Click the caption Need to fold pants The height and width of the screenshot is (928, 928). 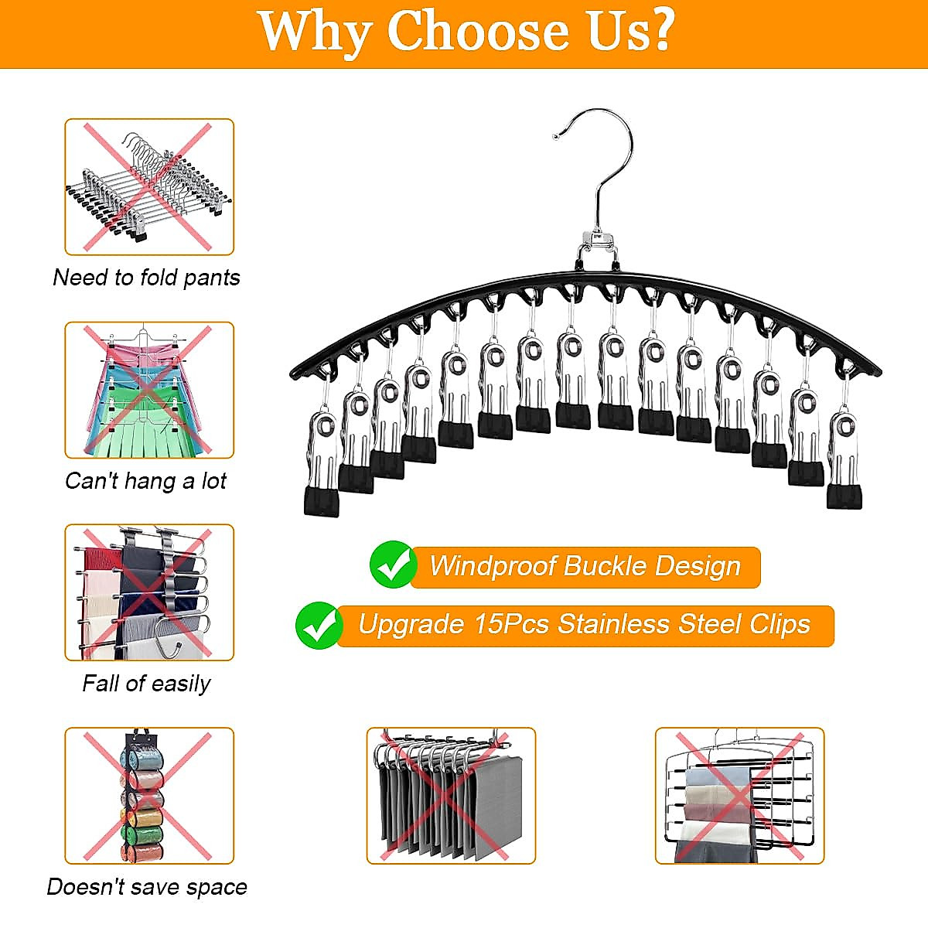[146, 278]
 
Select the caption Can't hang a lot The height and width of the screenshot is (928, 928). [145, 481]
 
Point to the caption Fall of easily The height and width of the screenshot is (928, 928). [146, 684]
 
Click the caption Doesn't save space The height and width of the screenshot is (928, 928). [147, 886]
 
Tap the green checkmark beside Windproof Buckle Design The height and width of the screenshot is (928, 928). [394, 565]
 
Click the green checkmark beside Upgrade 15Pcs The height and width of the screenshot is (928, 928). [319, 625]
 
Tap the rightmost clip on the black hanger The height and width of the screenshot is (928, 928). [843, 460]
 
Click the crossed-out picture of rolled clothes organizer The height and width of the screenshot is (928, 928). [148, 795]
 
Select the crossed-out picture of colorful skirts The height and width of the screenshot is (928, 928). [148, 390]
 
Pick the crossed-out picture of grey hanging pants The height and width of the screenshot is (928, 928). [450, 795]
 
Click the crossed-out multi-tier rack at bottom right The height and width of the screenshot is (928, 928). [739, 795]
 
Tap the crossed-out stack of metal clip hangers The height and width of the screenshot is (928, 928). [148, 186]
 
